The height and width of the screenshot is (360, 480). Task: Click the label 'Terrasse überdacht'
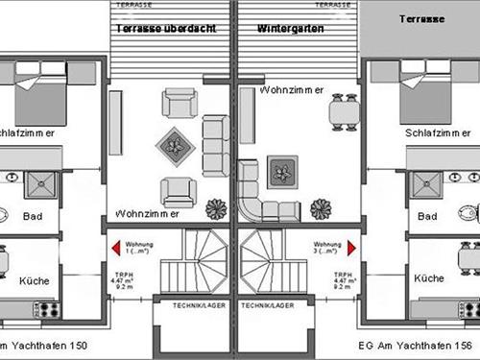click(164, 29)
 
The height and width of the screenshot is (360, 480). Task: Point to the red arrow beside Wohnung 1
click(116, 248)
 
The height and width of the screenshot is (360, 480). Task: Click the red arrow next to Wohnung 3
click(356, 248)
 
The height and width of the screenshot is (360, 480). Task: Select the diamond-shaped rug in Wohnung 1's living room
click(174, 145)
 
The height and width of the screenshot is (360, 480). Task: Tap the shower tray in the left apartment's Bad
click(42, 186)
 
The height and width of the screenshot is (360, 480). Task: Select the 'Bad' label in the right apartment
click(428, 216)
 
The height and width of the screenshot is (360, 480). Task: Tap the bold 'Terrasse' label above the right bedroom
click(420, 18)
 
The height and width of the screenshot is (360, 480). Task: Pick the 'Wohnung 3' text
click(327, 244)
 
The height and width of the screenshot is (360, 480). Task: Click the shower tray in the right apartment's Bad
click(422, 186)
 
